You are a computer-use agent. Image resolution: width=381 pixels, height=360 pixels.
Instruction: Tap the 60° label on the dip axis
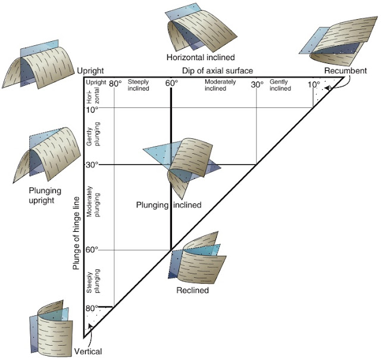click(x=171, y=84)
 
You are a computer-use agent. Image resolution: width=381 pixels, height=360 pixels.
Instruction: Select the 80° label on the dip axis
click(x=115, y=84)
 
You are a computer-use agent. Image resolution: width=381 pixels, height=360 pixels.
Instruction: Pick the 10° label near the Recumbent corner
click(x=313, y=84)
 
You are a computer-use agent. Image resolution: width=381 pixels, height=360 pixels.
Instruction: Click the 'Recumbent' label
click(x=345, y=71)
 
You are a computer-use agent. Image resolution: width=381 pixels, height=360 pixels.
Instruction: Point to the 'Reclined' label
click(x=192, y=291)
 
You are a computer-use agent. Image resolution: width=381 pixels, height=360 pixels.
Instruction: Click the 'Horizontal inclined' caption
click(x=201, y=58)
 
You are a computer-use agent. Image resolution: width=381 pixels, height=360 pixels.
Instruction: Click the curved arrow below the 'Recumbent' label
click(x=338, y=88)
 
